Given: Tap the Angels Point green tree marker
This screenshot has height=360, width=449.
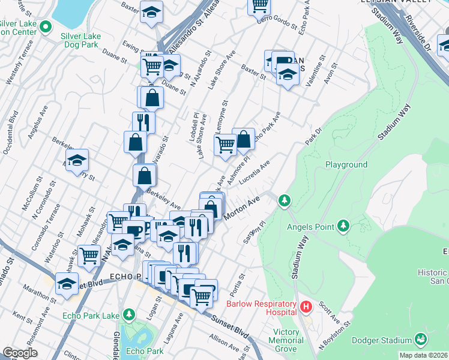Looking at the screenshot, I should pos(343,226).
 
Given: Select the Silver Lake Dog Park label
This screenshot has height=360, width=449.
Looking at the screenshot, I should pos(80,41).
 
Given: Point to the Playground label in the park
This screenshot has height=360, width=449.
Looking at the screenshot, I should pos(346,164).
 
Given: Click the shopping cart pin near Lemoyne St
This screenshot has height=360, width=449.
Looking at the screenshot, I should pos(225,145).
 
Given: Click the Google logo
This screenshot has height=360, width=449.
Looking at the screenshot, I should pos(20,353).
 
